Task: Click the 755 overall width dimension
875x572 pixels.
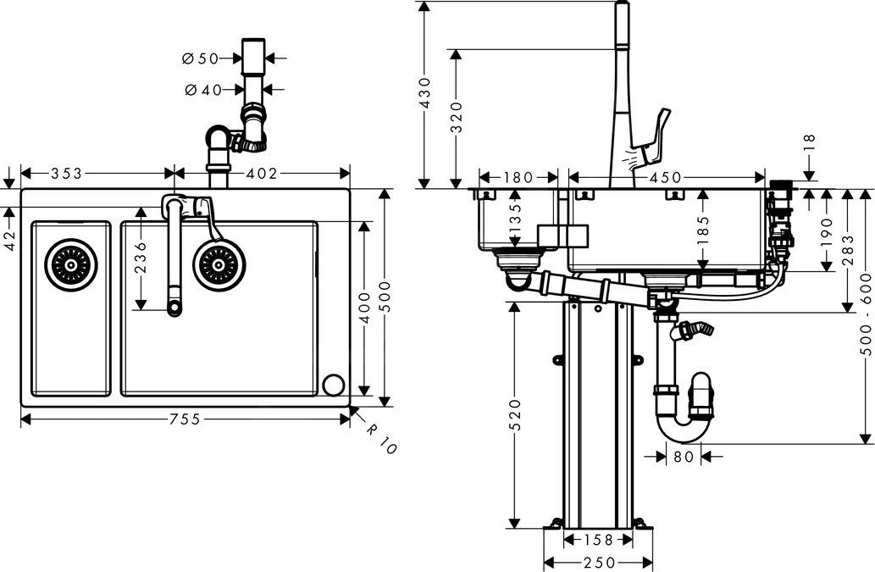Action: click(x=184, y=419)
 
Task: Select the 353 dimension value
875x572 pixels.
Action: click(x=66, y=174)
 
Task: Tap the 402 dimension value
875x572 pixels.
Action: click(x=262, y=174)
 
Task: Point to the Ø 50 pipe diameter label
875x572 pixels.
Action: click(x=200, y=58)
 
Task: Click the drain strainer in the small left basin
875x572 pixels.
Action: click(x=71, y=265)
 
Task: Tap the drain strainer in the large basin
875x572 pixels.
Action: click(x=219, y=265)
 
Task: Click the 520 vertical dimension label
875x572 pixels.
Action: click(x=513, y=413)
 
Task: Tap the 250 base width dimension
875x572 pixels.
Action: click(x=598, y=563)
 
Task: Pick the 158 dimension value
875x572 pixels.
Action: click(x=598, y=540)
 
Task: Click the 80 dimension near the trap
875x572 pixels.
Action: click(x=684, y=457)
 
